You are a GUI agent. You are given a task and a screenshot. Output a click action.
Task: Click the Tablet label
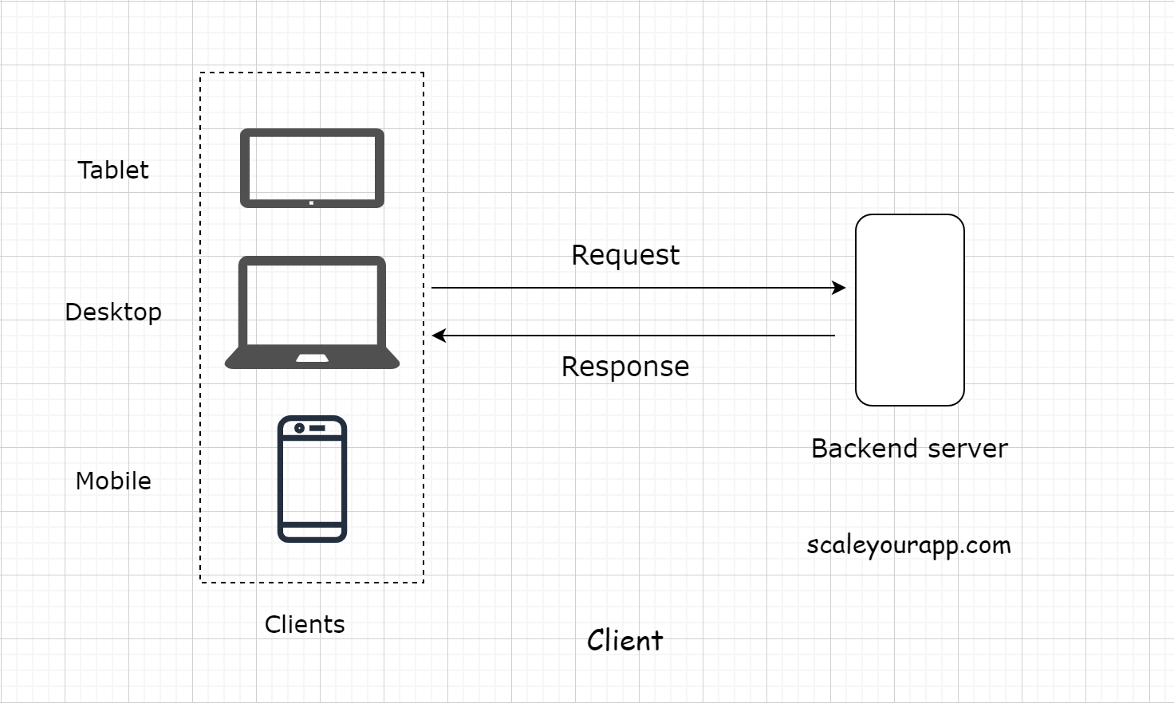click(x=113, y=170)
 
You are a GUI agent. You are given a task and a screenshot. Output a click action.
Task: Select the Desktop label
click(x=113, y=312)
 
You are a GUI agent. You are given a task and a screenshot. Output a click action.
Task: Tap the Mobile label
click(x=113, y=481)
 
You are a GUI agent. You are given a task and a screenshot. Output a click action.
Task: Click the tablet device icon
click(x=312, y=167)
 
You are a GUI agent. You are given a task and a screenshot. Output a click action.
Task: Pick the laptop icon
click(x=312, y=312)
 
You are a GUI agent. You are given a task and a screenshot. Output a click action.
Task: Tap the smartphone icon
click(x=312, y=479)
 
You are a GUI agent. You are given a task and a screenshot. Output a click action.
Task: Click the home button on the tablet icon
click(x=311, y=202)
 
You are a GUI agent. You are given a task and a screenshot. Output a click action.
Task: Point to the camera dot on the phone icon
click(x=299, y=428)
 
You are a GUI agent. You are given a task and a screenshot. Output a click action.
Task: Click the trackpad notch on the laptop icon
click(x=312, y=358)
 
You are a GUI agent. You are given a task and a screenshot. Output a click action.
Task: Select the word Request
click(x=625, y=255)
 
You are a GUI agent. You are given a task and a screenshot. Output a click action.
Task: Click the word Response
click(x=625, y=367)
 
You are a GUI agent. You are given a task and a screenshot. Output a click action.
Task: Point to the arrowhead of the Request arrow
click(x=839, y=288)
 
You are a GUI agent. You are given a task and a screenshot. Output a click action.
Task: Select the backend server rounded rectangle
click(x=909, y=310)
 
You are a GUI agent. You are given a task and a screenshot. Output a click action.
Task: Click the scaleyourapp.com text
click(x=908, y=545)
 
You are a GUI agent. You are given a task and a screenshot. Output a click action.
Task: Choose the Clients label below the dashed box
click(x=305, y=624)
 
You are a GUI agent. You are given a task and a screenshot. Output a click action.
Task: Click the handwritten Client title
click(x=624, y=640)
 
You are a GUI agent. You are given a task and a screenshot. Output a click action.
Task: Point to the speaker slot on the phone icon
click(x=317, y=428)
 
